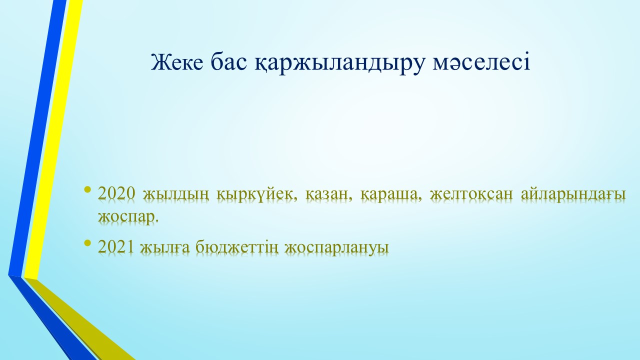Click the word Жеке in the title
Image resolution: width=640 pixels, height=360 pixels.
pos(177,62)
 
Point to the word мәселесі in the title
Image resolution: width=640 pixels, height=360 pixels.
pos(481,63)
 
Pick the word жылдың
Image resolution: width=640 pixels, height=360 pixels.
pos(175,195)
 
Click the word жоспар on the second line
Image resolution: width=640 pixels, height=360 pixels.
pos(128,217)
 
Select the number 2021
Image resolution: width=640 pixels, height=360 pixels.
pos(115,246)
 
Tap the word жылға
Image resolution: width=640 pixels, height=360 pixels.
pos(164,247)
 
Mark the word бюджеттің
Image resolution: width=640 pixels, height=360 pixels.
pos(236,247)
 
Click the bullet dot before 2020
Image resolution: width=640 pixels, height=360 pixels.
pos(88,189)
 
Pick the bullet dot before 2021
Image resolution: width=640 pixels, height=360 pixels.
pos(88,243)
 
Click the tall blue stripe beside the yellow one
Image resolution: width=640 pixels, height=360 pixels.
pos(37,137)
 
